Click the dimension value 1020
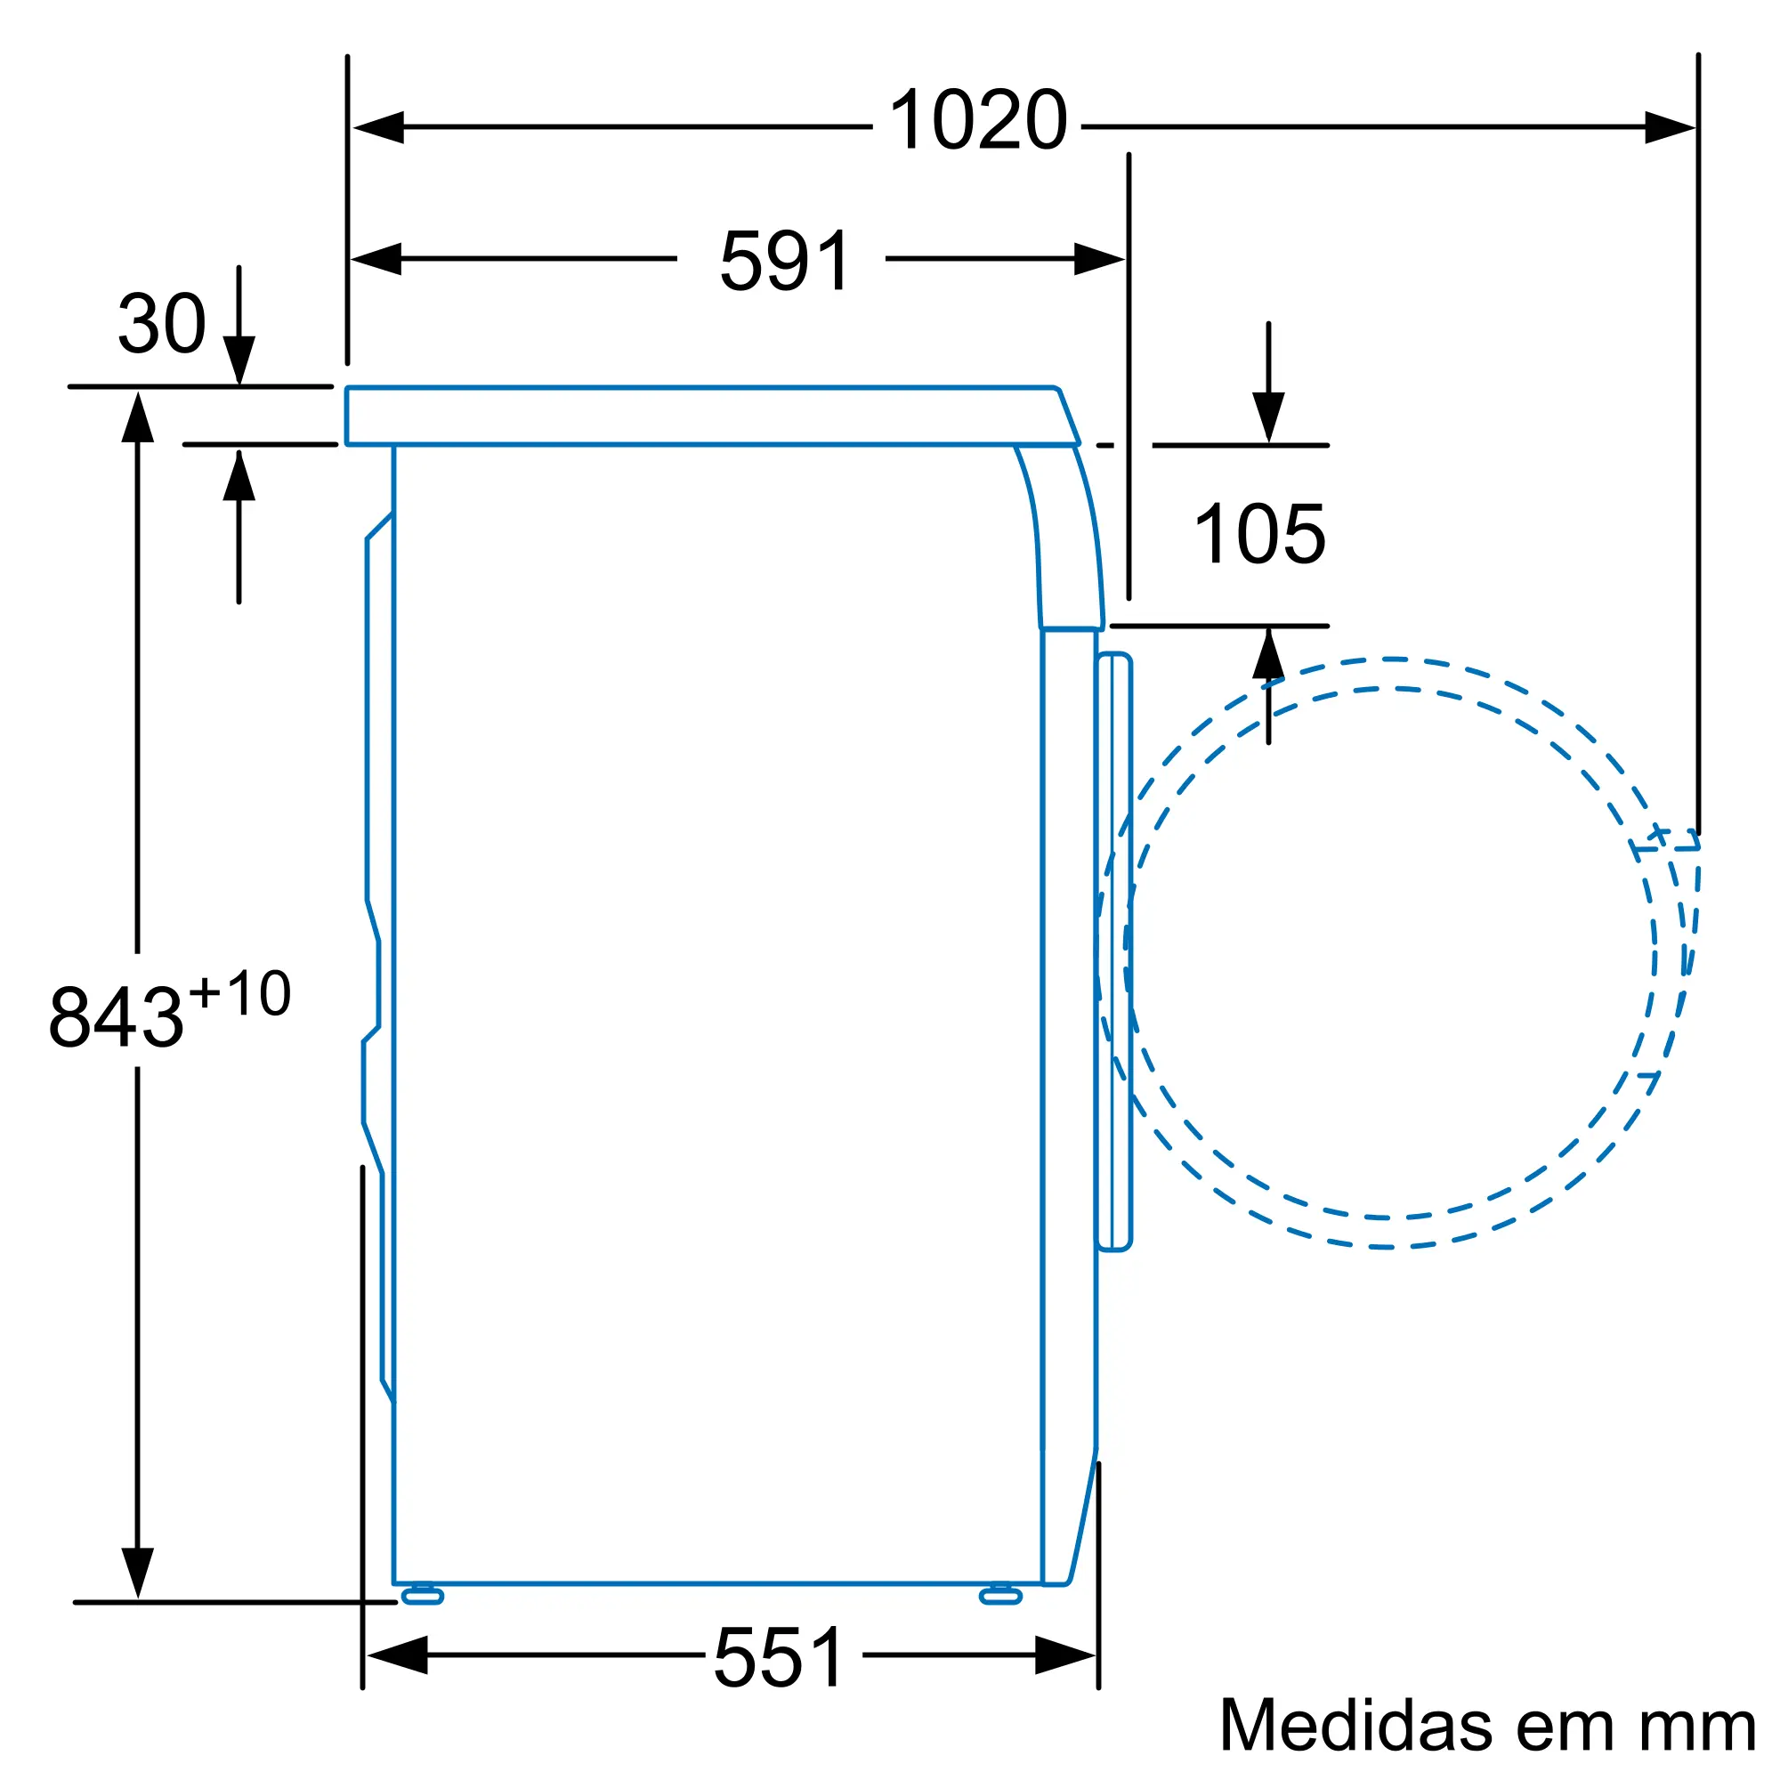(x=977, y=120)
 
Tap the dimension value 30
(x=162, y=323)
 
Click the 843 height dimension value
(x=116, y=1017)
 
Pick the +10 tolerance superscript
(x=239, y=994)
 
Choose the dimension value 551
(x=779, y=1657)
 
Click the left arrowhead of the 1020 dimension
(x=377, y=127)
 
